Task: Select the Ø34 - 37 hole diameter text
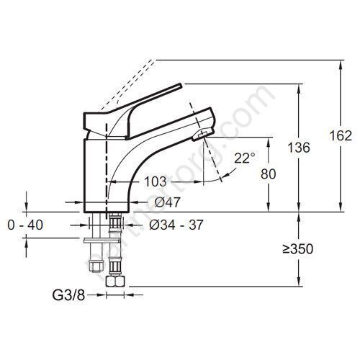pos(175,225)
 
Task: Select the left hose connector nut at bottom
pos(94,266)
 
